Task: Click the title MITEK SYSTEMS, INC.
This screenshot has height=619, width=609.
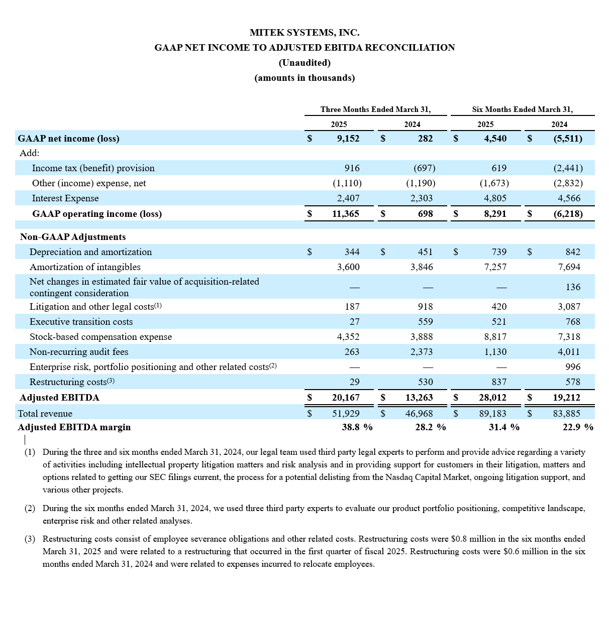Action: [304, 33]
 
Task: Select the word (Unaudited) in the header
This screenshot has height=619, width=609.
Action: [304, 63]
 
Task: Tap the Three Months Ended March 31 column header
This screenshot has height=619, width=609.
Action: [375, 109]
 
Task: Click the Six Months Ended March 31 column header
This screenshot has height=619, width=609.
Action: [522, 109]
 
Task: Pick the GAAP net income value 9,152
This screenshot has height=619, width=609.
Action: [348, 139]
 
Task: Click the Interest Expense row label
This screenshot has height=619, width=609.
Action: [65, 198]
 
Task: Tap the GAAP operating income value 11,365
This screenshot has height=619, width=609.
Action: [345, 214]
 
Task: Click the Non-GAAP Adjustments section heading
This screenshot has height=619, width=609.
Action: [73, 237]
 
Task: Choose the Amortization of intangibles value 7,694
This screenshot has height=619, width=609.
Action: [569, 267]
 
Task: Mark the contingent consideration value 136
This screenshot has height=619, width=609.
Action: [573, 287]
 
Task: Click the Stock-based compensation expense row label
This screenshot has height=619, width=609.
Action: [100, 337]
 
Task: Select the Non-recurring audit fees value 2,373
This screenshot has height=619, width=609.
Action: [421, 352]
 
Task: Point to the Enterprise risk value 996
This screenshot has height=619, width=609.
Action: [573, 367]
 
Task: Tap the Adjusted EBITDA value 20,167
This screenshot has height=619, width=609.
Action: [345, 398]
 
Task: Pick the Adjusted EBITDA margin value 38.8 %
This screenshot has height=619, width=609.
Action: [357, 427]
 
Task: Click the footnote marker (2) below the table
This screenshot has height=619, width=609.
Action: [30, 509]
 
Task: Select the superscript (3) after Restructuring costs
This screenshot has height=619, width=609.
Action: [111, 382]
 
